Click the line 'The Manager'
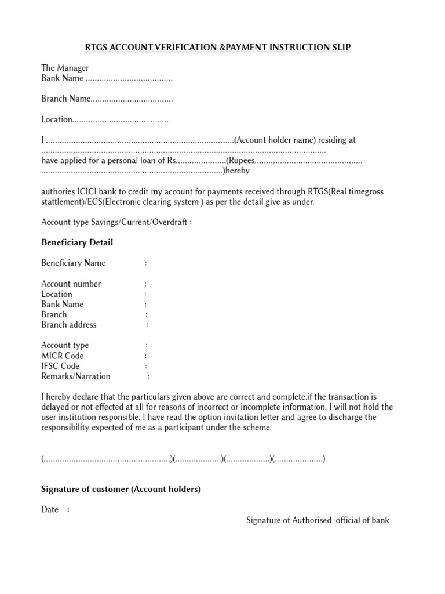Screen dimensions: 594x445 [x=65, y=68]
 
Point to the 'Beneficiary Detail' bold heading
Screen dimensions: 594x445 [x=77, y=242]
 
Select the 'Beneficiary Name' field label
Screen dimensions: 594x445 [x=74, y=263]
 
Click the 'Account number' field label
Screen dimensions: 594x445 [x=71, y=284]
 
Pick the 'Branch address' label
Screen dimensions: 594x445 [x=69, y=325]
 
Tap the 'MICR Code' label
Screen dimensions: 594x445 [x=63, y=356]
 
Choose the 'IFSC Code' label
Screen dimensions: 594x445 [x=60, y=366]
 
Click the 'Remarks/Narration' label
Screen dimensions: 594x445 [x=76, y=376]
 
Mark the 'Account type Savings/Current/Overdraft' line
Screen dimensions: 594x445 [x=116, y=222]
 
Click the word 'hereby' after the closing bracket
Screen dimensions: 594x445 [x=237, y=171]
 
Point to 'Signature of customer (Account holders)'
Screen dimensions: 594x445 [x=121, y=489]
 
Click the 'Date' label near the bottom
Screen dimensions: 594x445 [x=50, y=509]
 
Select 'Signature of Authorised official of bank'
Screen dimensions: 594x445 [x=318, y=520]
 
